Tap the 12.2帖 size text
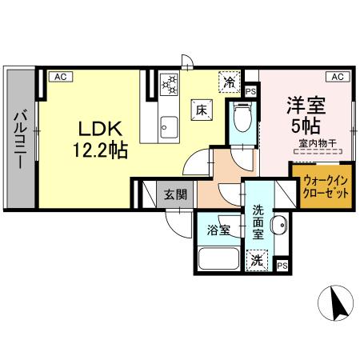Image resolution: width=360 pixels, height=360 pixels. (x=101, y=148)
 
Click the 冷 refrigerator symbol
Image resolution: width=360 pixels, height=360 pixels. (x=230, y=81)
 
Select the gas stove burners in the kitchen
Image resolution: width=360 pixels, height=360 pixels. (x=170, y=83)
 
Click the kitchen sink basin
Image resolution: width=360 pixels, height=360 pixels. (x=169, y=125)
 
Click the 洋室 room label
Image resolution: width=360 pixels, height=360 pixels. (x=304, y=104)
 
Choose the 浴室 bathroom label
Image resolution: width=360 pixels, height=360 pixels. (x=218, y=230)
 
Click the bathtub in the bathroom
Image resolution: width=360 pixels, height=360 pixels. (x=219, y=261)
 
